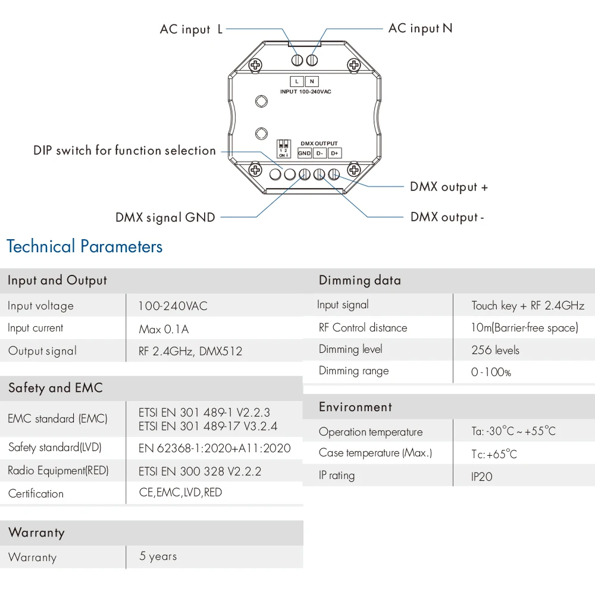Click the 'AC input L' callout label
click(191, 29)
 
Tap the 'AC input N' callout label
click(420, 28)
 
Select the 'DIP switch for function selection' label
click(124, 151)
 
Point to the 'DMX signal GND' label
click(165, 218)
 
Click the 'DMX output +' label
click(449, 187)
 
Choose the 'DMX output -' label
click(447, 217)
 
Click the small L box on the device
click(297, 82)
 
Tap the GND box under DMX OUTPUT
click(305, 153)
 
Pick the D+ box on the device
click(334, 153)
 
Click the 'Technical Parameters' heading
click(84, 246)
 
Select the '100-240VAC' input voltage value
click(173, 306)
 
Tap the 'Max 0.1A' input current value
click(164, 329)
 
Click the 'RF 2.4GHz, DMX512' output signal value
click(190, 351)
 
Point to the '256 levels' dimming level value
click(495, 350)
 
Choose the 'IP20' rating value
click(481, 477)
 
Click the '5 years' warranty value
click(158, 556)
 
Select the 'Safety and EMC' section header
click(55, 388)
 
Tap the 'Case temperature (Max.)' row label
click(375, 453)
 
